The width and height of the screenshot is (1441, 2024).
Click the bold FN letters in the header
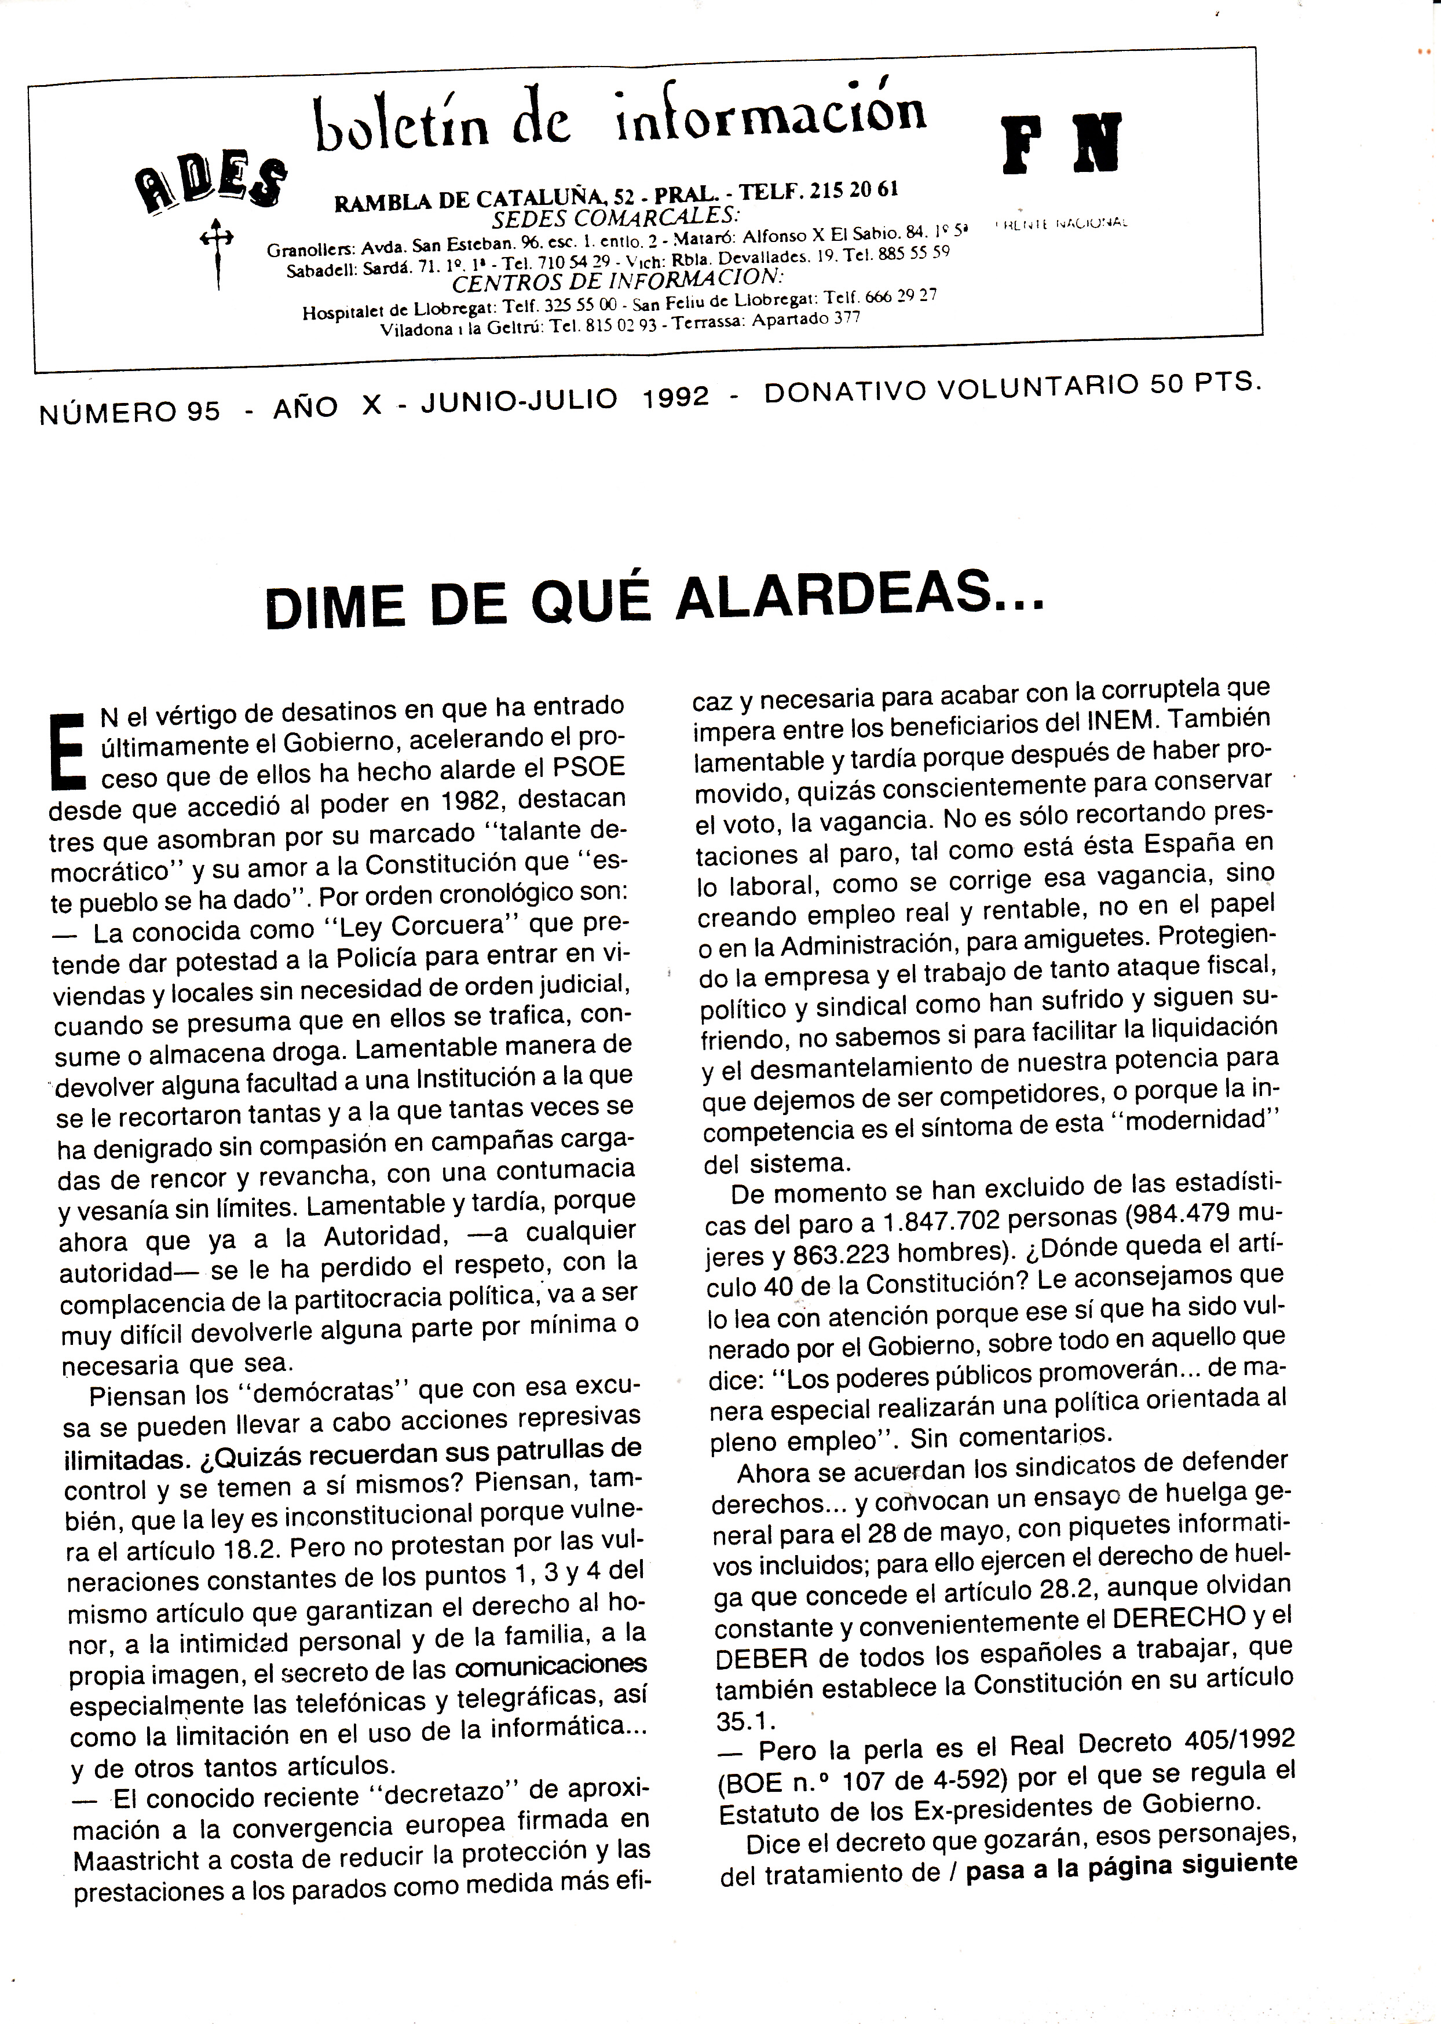1060,143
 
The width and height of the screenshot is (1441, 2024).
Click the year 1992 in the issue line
676,398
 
